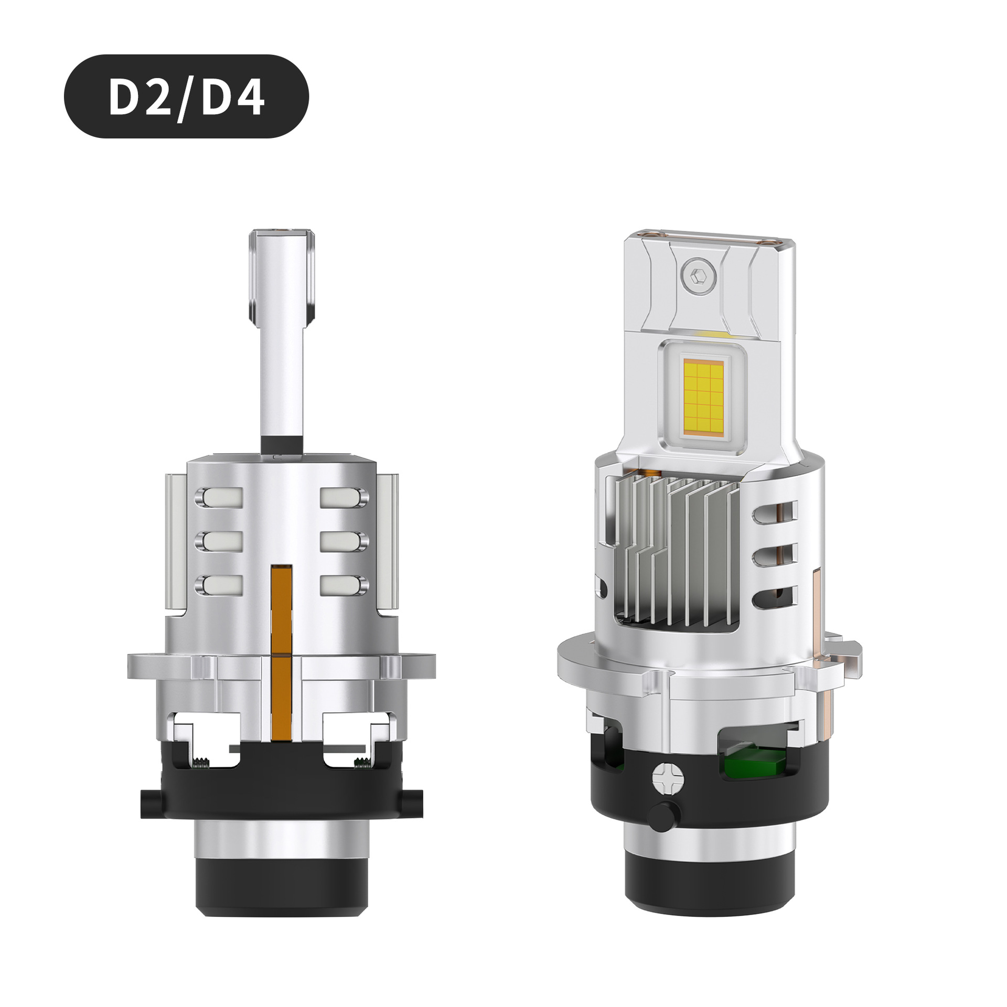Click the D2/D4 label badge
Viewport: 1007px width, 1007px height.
[186, 97]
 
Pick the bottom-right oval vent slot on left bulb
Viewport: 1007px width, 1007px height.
[344, 585]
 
